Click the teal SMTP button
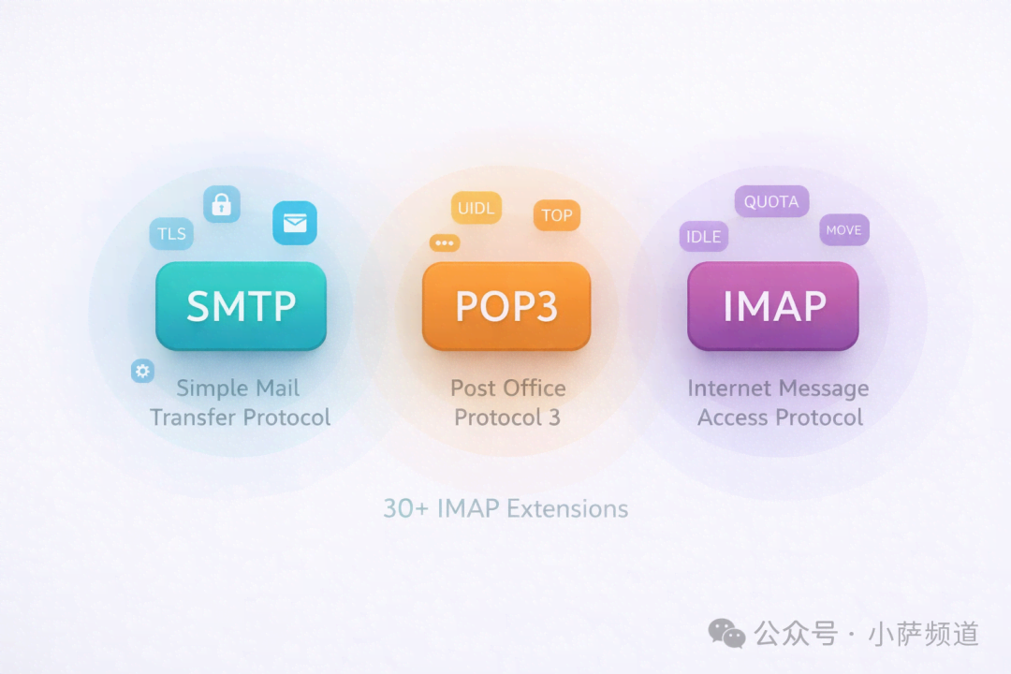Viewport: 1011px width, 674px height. point(241,306)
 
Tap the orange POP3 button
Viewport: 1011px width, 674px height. point(506,306)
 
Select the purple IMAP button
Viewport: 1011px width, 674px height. point(773,306)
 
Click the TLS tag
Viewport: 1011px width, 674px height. point(171,234)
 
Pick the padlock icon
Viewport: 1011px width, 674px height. point(222,204)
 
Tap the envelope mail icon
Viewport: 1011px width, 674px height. point(295,223)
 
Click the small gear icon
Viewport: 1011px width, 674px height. point(142,372)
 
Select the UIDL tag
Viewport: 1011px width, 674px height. point(476,208)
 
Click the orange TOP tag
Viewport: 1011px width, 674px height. point(557,215)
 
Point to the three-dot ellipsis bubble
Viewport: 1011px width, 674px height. point(445,243)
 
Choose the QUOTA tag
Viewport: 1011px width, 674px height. point(771,201)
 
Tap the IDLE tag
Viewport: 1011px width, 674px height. point(703,237)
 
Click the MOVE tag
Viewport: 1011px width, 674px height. point(843,230)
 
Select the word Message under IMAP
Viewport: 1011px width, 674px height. point(821,388)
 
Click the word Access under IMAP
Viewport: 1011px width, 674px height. point(732,418)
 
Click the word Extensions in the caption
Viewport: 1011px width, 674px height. point(567,508)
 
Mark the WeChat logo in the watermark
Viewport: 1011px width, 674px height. point(726,634)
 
